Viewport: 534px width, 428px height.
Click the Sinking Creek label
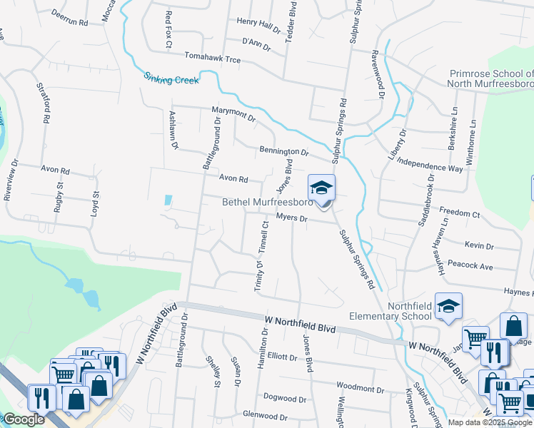pos(171,78)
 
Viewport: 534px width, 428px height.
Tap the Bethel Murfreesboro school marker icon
pos(321,188)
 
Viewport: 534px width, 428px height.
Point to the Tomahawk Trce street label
pos(212,57)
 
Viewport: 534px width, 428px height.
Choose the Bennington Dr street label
pos(283,151)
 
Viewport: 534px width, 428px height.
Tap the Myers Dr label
pos(291,218)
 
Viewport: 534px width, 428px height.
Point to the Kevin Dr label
pos(479,245)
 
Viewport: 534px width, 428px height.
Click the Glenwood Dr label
pos(264,416)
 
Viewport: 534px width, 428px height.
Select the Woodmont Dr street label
pos(360,389)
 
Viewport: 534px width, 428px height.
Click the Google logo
pos(24,420)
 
